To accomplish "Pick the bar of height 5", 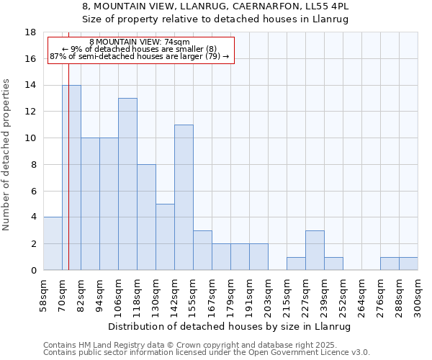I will pos(165,237).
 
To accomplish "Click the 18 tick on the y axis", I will pos(30,32).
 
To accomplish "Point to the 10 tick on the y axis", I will pos(30,138).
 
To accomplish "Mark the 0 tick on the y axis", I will pos(33,271).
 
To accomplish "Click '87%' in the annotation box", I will pos(58,56).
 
